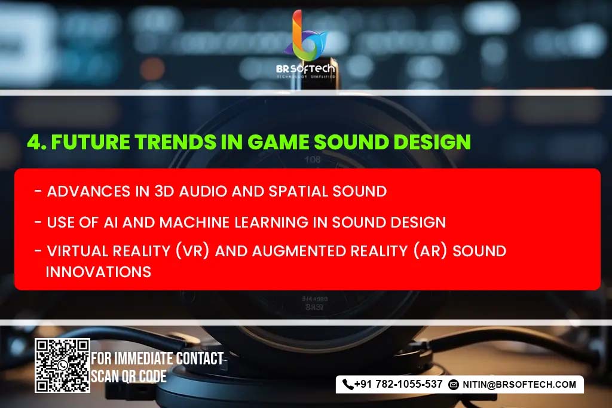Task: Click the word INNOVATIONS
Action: (99, 272)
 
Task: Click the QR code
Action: (62, 366)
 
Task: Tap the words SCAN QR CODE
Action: (128, 377)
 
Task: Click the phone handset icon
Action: (348, 385)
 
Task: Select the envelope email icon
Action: (454, 385)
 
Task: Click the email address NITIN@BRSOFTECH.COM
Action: (519, 385)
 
